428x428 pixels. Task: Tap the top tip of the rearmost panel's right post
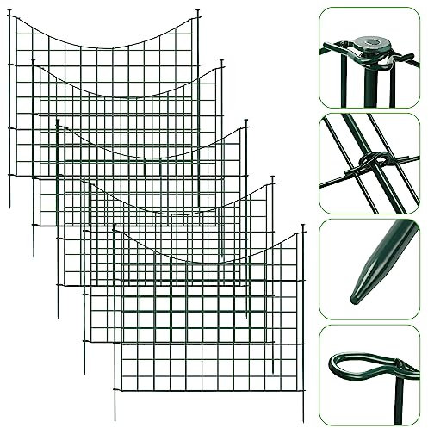(x=198, y=11)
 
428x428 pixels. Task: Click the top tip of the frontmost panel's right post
(x=304, y=226)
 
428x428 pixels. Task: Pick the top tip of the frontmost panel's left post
(x=114, y=227)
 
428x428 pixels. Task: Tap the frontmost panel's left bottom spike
(x=115, y=419)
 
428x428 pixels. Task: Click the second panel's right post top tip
(x=222, y=62)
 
